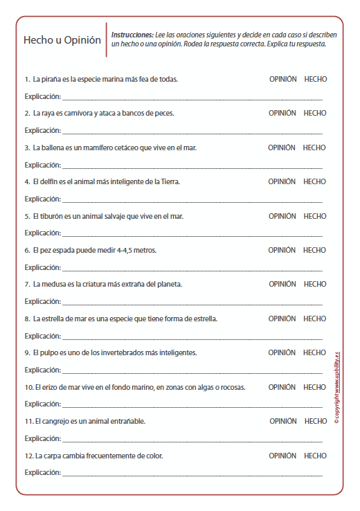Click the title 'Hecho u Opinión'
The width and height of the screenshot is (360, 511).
(62, 40)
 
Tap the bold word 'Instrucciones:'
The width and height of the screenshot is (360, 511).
(132, 34)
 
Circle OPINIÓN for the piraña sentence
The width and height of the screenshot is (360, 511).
(282, 79)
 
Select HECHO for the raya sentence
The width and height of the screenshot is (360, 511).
(315, 113)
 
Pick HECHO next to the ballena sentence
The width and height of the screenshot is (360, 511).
(314, 147)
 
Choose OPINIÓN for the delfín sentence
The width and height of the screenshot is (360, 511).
(282, 181)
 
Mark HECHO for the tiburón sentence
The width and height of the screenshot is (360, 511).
(315, 216)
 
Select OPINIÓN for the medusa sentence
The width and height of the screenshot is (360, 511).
(282, 284)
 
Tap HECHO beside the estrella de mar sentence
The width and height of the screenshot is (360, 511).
(315, 319)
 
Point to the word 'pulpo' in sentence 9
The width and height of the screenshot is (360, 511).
(50, 352)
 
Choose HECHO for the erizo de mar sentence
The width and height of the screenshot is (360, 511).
(315, 387)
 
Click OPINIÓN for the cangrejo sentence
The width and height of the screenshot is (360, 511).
(283, 421)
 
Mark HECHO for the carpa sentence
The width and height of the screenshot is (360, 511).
(315, 456)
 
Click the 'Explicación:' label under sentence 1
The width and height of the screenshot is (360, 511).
(42, 96)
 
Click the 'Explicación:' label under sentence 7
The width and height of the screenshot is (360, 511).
(42, 301)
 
